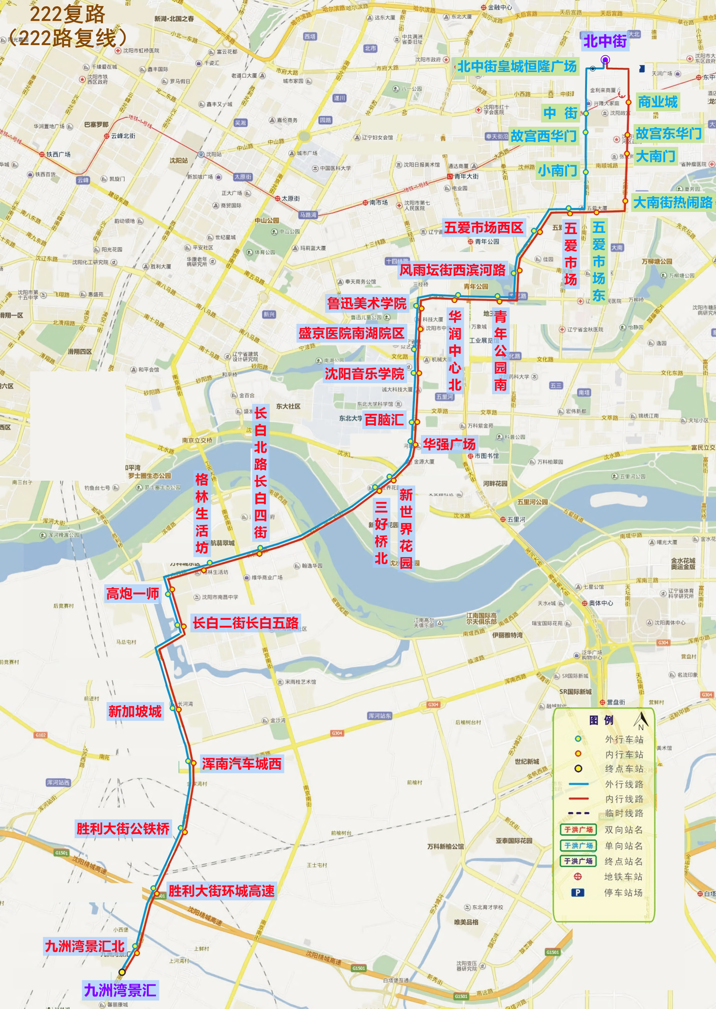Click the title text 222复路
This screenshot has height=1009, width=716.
pos(68,14)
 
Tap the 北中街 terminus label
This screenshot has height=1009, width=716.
pos(605,41)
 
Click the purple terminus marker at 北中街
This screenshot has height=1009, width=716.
pos(605,60)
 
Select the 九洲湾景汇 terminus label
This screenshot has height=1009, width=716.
pos(120,990)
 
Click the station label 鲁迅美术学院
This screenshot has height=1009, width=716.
pos(367,303)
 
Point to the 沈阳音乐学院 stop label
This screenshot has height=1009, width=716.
pos(364,374)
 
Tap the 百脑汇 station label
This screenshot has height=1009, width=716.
pos(384,420)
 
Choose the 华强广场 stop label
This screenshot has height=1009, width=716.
pos(449,444)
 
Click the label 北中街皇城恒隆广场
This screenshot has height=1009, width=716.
pos(516,67)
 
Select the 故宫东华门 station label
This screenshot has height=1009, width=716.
pos(668,133)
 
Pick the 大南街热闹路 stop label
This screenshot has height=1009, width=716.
pos(672,203)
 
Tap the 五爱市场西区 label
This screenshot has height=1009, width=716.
pos(483,228)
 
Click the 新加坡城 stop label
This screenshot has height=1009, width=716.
pos(135,711)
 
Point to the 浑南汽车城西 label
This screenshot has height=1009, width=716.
pos(241,764)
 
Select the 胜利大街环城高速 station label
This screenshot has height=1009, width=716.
pos(221,890)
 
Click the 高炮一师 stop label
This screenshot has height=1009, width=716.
pos(132,594)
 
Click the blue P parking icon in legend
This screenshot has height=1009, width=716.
pos(577,892)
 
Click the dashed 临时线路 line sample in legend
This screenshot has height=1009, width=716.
pos(578,813)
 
